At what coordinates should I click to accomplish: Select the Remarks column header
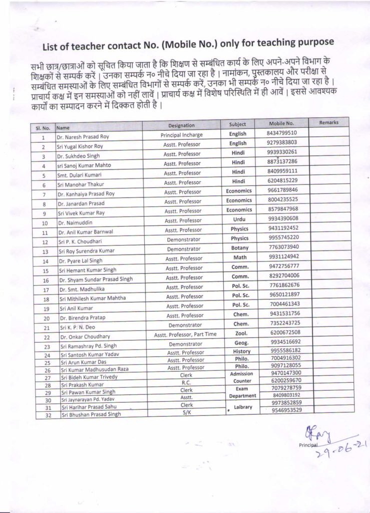(329, 122)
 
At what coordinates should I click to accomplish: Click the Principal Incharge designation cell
(181, 135)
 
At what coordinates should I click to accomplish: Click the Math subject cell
(239, 256)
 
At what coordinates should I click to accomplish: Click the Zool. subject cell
(239, 333)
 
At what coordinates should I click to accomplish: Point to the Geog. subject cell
(239, 343)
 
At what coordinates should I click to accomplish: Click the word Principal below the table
(307, 445)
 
